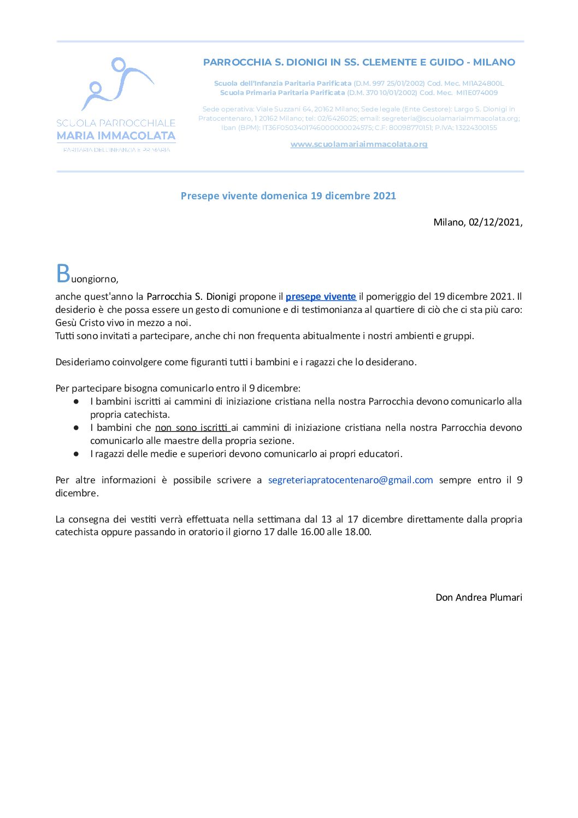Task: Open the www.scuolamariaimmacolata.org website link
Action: tap(359, 144)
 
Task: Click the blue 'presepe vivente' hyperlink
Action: tap(321, 297)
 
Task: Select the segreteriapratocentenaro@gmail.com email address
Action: tap(350, 480)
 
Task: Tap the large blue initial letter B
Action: tap(63, 274)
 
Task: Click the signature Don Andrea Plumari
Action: tap(479, 597)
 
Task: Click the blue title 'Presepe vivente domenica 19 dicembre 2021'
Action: tap(288, 195)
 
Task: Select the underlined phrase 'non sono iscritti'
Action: tap(192, 428)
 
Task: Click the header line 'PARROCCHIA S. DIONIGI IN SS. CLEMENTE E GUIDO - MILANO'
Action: tap(359, 62)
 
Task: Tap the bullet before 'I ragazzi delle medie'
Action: tap(76, 454)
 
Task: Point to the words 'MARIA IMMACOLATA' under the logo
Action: tap(116, 135)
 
